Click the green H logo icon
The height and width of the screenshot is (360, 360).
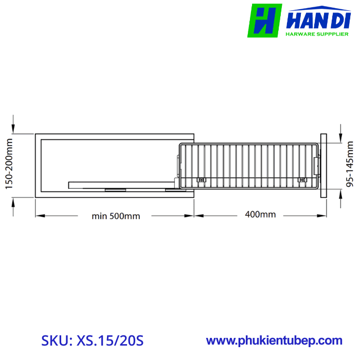tap(264, 21)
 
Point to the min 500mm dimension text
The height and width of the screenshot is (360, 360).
tap(116, 215)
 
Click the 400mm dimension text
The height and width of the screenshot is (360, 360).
tap(261, 214)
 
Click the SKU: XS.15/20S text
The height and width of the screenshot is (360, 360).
tap(92, 340)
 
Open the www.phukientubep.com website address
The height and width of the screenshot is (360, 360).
tap(274, 340)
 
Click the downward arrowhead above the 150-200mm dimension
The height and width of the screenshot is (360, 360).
tap(14, 129)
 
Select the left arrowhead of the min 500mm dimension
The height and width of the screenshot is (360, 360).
tap(39, 215)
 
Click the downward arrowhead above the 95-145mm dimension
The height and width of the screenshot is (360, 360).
tap(341, 138)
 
